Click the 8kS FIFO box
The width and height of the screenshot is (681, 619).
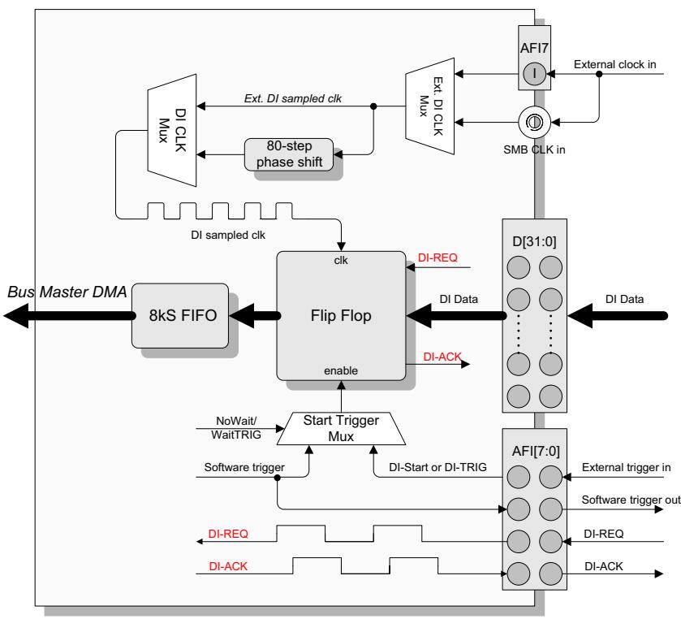pos(180,315)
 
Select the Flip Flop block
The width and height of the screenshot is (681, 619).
pos(341,316)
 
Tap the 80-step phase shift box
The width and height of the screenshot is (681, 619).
pos(289,154)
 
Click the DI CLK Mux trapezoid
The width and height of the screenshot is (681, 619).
pos(172,131)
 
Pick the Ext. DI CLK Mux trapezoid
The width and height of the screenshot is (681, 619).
pos(430,106)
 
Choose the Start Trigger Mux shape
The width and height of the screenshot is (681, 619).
pos(341,429)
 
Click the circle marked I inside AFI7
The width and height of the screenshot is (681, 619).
pos(534,73)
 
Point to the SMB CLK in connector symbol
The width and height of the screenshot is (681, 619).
pos(534,122)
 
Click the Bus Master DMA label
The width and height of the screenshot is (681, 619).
pos(67,292)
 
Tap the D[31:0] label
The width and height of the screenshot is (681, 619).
pos(534,241)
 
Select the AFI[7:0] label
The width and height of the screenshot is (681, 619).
pos(536,451)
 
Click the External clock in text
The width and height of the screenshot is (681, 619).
pos(614,64)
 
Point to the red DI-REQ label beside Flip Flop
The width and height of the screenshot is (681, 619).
pos(437,258)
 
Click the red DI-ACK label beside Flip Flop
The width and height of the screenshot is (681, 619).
pos(442,357)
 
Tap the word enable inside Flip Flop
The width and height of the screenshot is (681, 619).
pos(341,370)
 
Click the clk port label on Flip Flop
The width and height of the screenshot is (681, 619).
pos(341,261)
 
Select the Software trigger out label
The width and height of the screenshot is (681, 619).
pos(631,500)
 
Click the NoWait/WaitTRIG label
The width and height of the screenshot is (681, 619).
pos(236,428)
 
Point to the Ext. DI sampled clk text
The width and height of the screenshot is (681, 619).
pos(293,98)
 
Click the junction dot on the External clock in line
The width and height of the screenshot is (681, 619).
pos(599,74)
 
